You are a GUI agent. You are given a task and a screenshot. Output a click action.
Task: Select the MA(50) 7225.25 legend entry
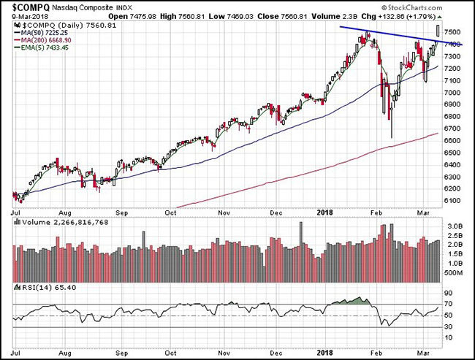(47, 33)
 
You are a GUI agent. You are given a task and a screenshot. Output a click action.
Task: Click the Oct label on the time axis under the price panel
(171, 212)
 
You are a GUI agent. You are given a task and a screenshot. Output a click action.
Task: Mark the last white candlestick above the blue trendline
(438, 30)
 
